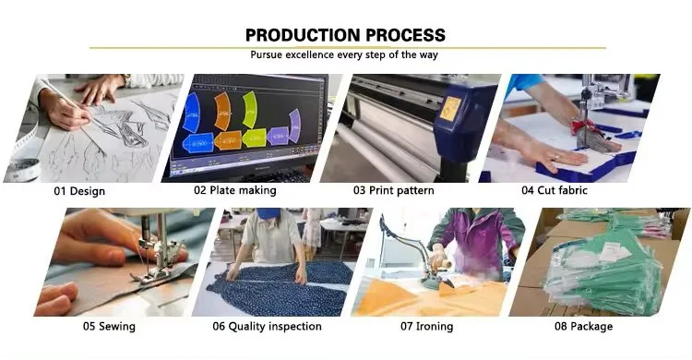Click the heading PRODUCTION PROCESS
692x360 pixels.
click(x=345, y=35)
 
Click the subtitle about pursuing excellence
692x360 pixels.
click(x=344, y=54)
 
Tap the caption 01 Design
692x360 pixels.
click(x=79, y=191)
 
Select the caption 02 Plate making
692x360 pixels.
click(x=234, y=190)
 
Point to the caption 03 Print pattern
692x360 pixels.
click(x=393, y=190)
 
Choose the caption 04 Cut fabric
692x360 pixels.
click(x=555, y=190)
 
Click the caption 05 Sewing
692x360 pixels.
click(x=109, y=327)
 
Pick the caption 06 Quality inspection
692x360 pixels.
click(x=267, y=327)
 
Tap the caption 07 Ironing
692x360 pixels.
click(x=427, y=327)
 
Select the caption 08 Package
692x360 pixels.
click(x=583, y=327)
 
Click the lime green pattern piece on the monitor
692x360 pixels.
click(x=250, y=110)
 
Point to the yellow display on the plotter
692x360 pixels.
click(x=450, y=109)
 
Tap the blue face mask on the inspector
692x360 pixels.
click(x=268, y=214)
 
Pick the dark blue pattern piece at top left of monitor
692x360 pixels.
click(x=191, y=113)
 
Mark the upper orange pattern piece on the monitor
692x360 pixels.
click(x=222, y=112)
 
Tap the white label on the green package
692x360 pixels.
click(x=614, y=253)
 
